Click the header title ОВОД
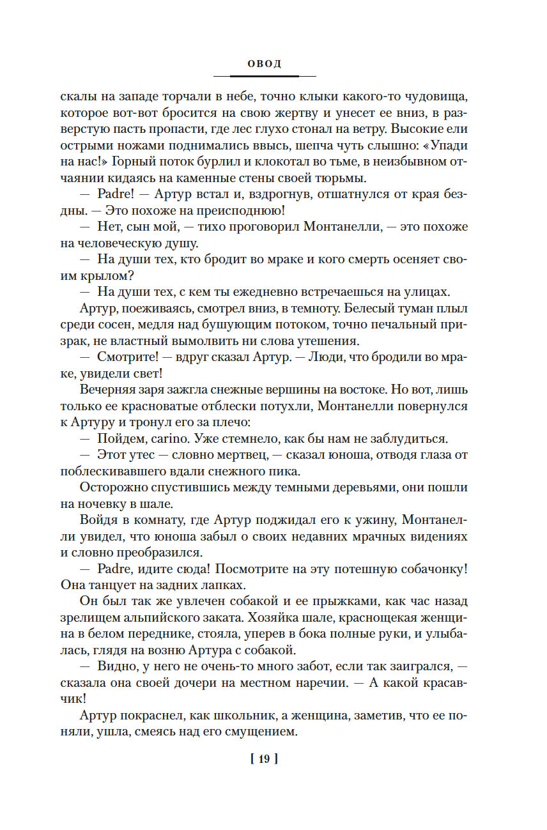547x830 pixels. [x=264, y=64]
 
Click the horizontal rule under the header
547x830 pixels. [x=264, y=76]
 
